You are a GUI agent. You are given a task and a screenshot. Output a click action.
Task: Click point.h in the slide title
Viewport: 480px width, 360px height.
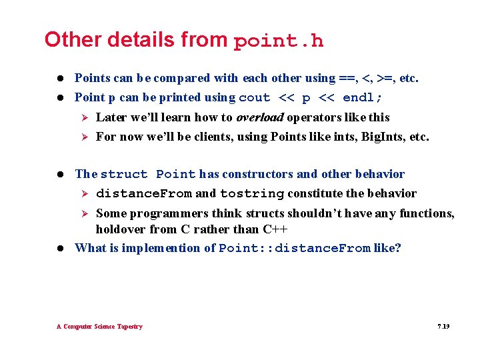tap(279, 41)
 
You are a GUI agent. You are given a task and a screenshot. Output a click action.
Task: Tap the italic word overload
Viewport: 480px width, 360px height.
tap(260, 117)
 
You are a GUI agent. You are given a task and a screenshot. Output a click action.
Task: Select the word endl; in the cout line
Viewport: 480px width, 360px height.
tap(363, 98)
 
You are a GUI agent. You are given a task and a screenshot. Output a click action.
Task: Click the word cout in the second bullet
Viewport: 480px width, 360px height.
tap(254, 98)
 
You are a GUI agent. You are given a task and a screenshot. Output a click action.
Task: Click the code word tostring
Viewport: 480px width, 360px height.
tap(252, 194)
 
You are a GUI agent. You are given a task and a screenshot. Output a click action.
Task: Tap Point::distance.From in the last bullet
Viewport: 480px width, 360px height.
tap(294, 249)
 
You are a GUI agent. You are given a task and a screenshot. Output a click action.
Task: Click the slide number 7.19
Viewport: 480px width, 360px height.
tap(443, 327)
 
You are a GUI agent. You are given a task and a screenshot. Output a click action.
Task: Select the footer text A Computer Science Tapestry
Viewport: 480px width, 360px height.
tap(99, 327)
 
